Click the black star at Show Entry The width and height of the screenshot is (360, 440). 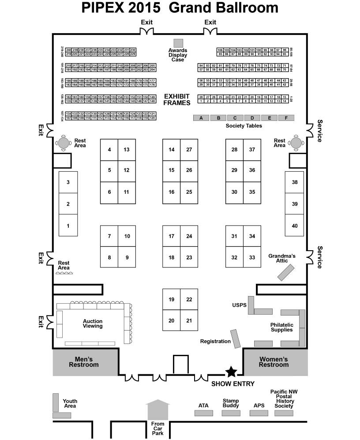click(x=231, y=372)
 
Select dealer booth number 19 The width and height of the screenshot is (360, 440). click(x=171, y=300)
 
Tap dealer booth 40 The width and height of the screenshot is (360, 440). click(x=295, y=226)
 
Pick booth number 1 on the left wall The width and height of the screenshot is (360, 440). click(x=68, y=226)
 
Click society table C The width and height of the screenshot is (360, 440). click(x=235, y=118)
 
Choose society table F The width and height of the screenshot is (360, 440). click(x=286, y=118)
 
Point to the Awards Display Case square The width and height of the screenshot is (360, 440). click(x=178, y=43)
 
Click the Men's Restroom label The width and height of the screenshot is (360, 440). click(x=84, y=362)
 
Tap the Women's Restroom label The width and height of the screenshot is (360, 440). click(x=274, y=362)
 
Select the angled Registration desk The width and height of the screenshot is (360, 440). click(x=236, y=338)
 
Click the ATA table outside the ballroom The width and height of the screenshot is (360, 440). click(x=204, y=413)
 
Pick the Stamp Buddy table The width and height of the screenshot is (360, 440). click(x=231, y=413)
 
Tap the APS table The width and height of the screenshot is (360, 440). click(x=258, y=413)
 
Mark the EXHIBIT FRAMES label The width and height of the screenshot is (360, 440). click(x=177, y=99)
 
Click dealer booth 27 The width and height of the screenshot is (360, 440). click(x=189, y=150)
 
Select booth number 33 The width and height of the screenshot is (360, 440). click(x=252, y=257)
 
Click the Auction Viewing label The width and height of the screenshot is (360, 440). click(x=93, y=323)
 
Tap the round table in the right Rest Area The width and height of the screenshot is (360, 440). click(x=295, y=142)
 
